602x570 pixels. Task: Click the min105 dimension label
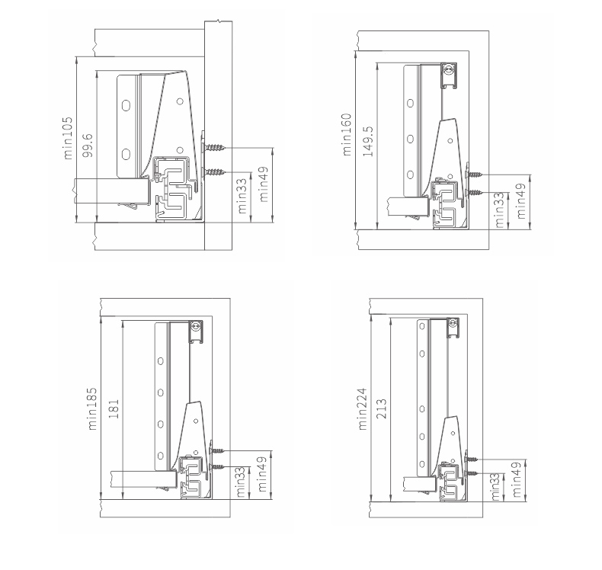pos(68,138)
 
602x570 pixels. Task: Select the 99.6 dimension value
pos(88,145)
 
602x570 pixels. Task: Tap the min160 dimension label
pos(346,134)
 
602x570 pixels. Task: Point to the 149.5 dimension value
pos(368,141)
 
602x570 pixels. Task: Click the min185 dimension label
pos(92,409)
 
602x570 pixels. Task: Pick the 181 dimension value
pos(114,408)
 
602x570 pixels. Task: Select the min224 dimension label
pos(363,409)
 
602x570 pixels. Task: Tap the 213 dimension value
pos(382,408)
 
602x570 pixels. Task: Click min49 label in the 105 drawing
pos(264,184)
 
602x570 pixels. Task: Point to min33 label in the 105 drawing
pos(242,196)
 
